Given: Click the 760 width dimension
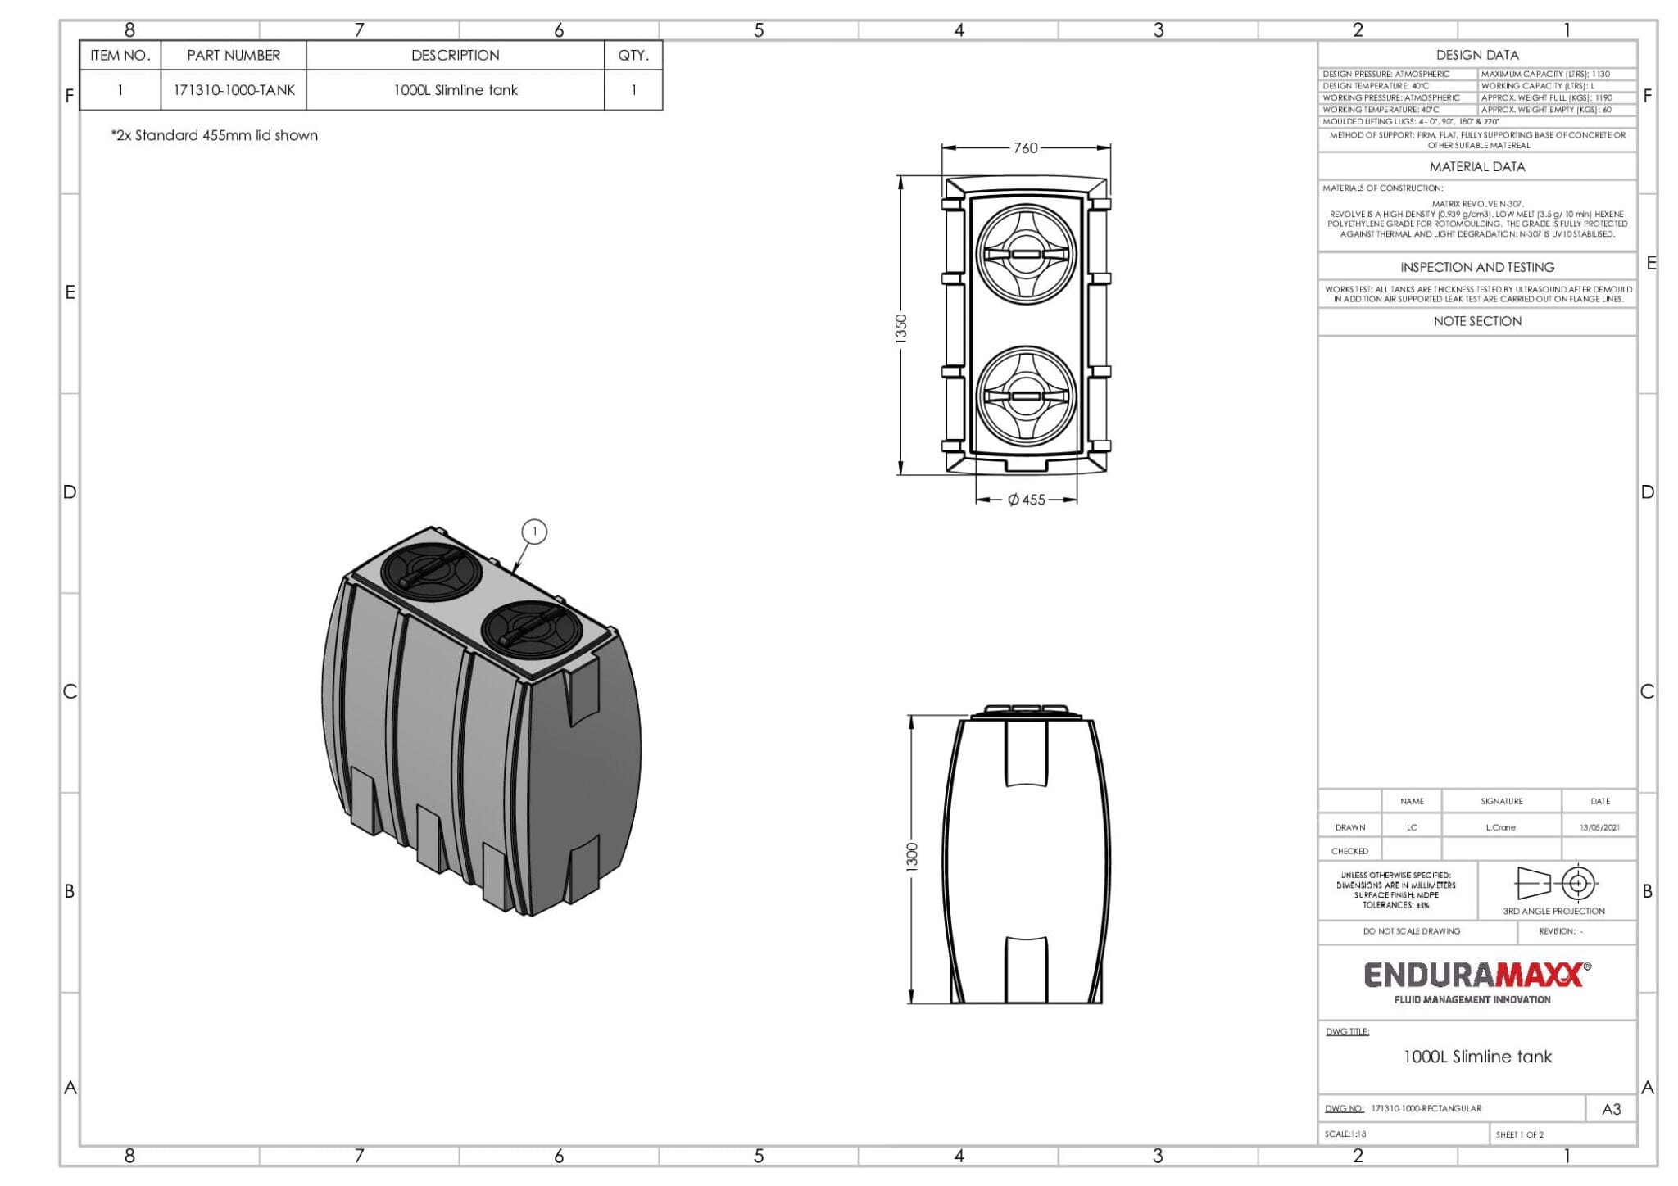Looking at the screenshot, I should tap(1025, 148).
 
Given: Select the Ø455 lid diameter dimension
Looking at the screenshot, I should tap(1026, 500).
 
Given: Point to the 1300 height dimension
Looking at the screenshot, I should tap(912, 857).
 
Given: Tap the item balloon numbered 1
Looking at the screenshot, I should tap(534, 532).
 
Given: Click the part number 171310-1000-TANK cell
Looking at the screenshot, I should tap(234, 90).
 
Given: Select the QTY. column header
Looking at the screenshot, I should tap(633, 56).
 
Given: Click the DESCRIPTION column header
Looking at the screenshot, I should tap(455, 56).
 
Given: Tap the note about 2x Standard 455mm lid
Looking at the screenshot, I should tap(215, 136).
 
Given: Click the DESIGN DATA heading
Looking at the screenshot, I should tap(1476, 55).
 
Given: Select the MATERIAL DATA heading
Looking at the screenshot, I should tap(1476, 167).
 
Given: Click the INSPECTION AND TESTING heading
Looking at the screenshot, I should tap(1476, 268).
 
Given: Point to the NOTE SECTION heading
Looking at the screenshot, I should tap(1476, 322).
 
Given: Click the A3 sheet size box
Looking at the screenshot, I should tap(1611, 1109).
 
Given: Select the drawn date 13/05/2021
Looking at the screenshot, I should tap(1599, 827).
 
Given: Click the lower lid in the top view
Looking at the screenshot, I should tap(1026, 396).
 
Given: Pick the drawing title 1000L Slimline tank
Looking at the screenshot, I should tap(1476, 1057).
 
